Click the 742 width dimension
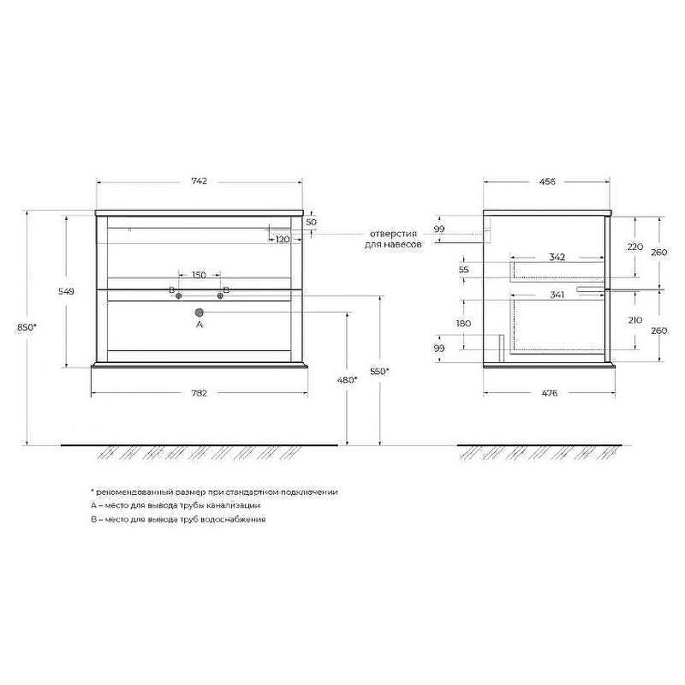pos(199,181)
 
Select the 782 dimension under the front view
pos(199,393)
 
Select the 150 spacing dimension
pos(199,275)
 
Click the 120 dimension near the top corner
pos(283,239)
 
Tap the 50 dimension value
pos(311,223)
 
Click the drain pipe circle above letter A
pos(200,313)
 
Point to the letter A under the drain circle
pos(200,325)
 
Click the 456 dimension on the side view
pos(547,181)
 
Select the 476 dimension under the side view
pos(549,393)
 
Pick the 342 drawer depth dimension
pos(557,257)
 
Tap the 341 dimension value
pos(557,295)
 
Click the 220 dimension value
pos(634,247)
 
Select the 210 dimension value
pos(634,319)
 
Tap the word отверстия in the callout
pos(394,233)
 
